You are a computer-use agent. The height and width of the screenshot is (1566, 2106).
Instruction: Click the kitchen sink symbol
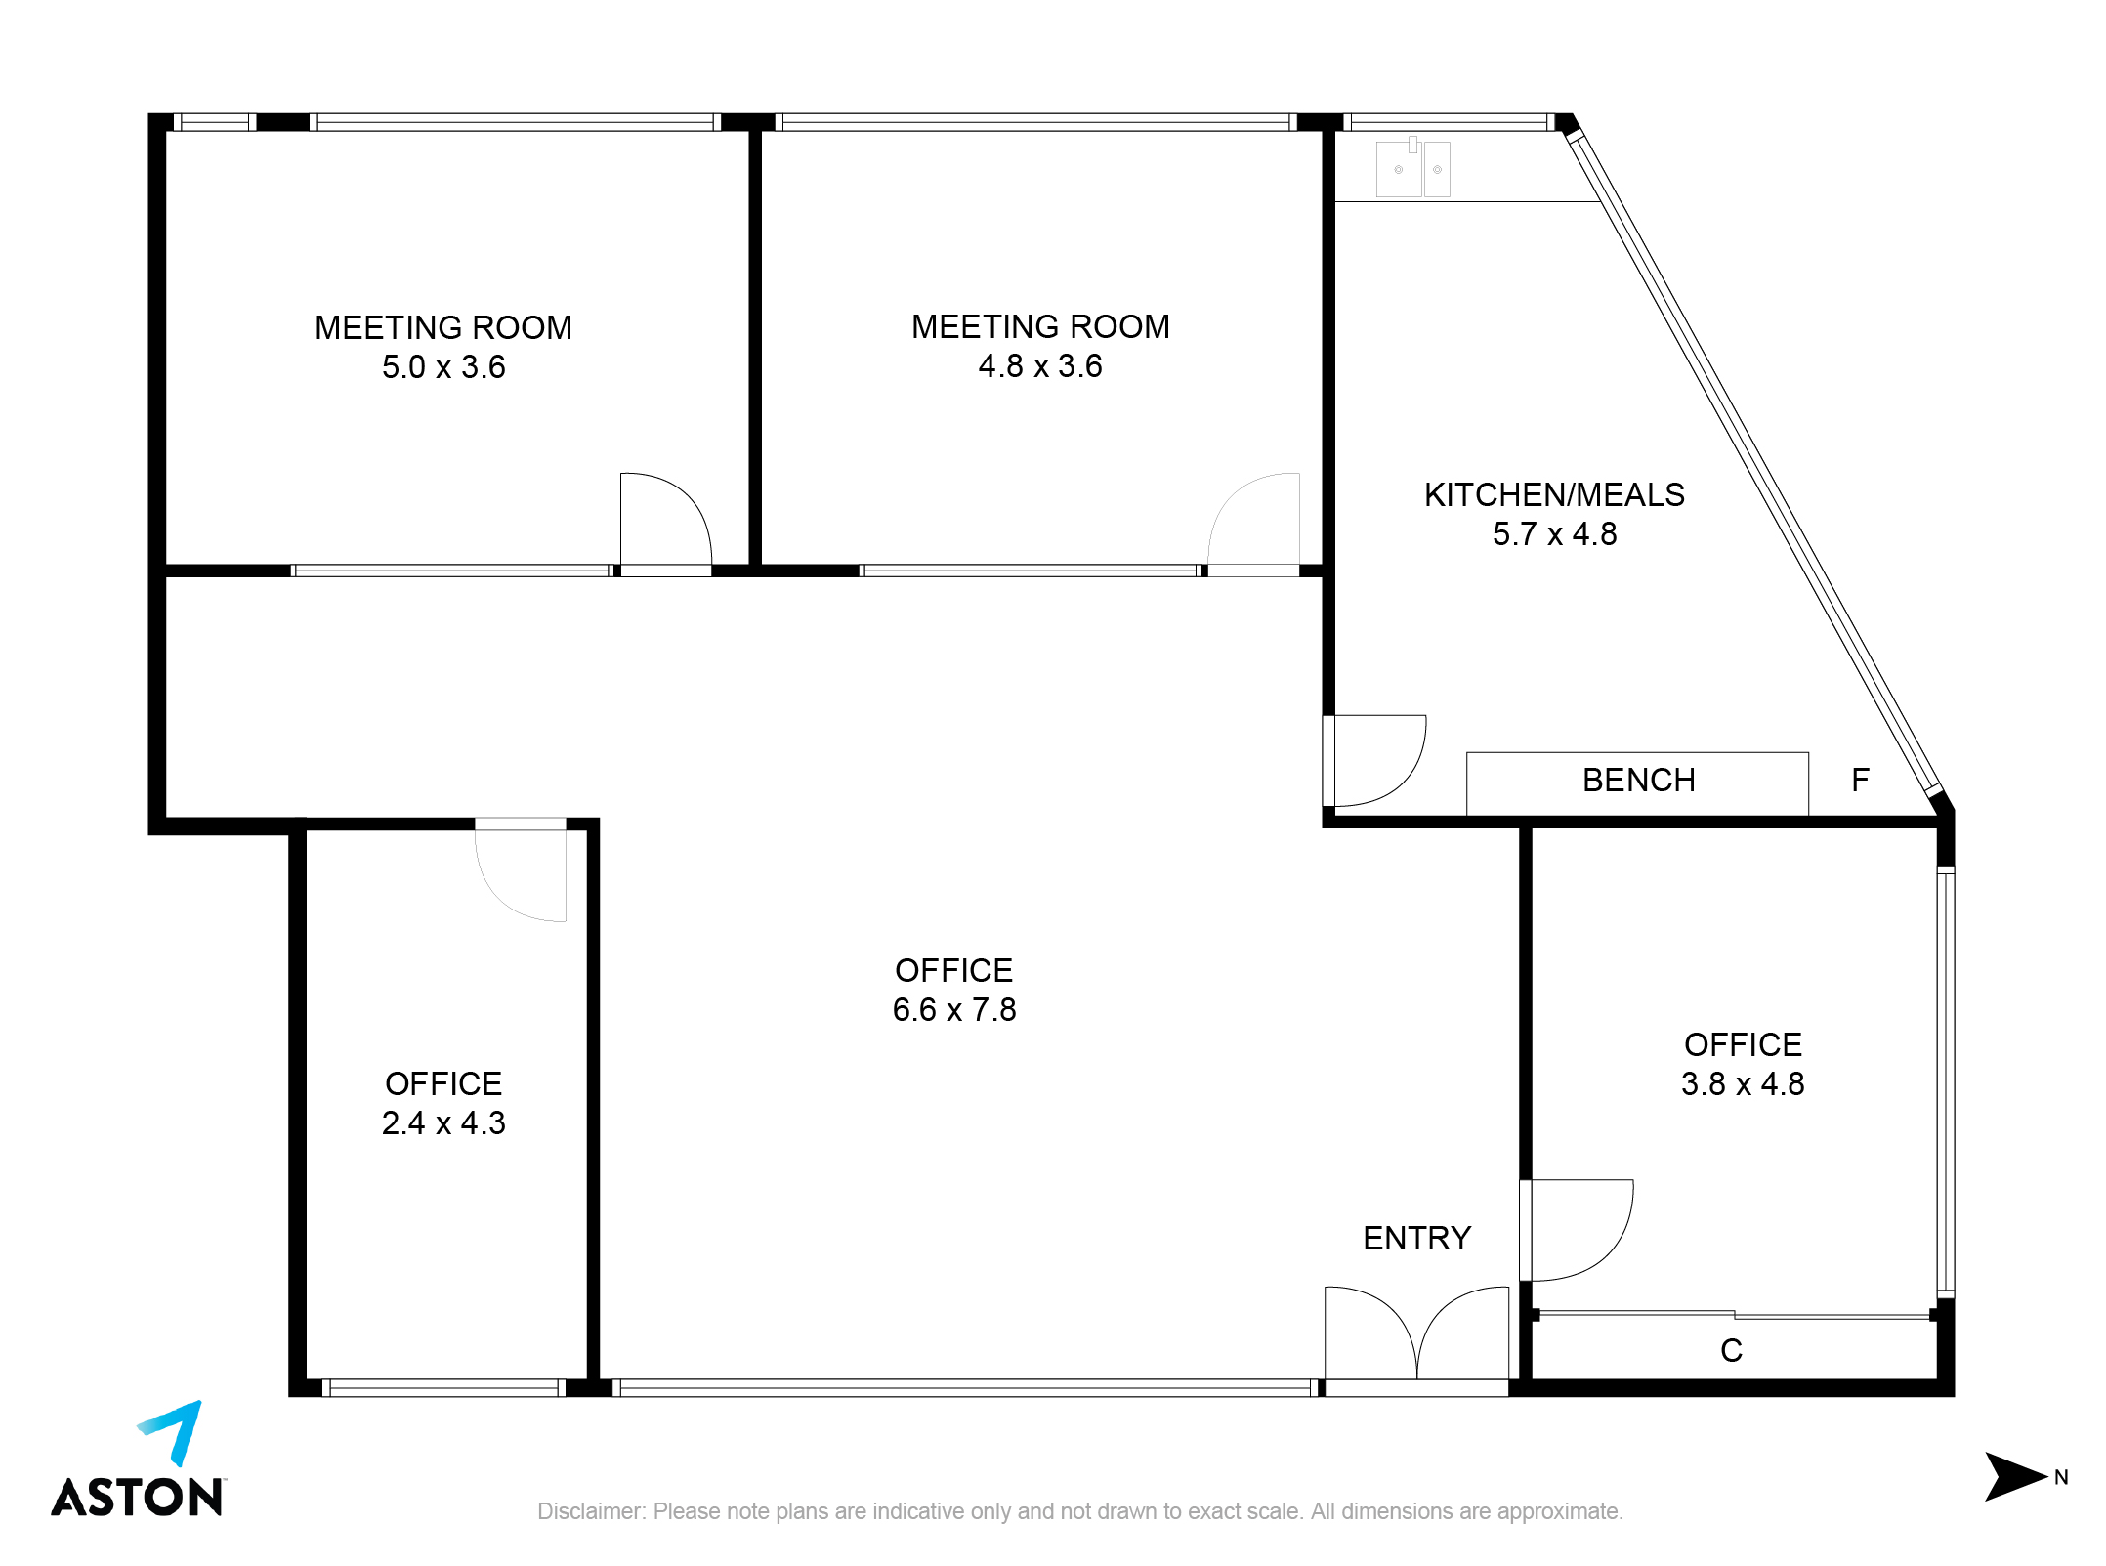tap(1412, 168)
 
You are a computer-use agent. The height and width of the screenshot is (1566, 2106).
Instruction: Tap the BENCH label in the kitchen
tap(1638, 781)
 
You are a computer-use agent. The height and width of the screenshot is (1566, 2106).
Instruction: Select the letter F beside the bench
tap(1860, 780)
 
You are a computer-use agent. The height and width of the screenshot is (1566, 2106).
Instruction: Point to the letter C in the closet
tap(1731, 1350)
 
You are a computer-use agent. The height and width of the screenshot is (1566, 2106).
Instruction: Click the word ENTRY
tap(1416, 1238)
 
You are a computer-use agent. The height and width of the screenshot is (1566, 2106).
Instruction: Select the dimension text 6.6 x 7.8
tap(954, 1010)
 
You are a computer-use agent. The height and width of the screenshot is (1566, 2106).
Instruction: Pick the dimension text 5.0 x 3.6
tap(443, 367)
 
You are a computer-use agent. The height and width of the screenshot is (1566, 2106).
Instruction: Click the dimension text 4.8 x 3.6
tap(1040, 366)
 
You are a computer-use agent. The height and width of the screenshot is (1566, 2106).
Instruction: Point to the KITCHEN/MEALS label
tap(1554, 495)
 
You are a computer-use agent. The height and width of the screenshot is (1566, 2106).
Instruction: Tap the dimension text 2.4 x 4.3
tap(443, 1123)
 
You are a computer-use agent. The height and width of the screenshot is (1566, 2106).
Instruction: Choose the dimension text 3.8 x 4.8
tap(1743, 1084)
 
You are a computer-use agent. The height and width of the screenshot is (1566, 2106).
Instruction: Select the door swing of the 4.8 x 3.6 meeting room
tap(1234, 500)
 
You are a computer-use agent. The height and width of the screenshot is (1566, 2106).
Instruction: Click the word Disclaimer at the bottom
tap(591, 1511)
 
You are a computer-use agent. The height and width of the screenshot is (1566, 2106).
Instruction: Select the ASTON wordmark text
tap(138, 1497)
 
